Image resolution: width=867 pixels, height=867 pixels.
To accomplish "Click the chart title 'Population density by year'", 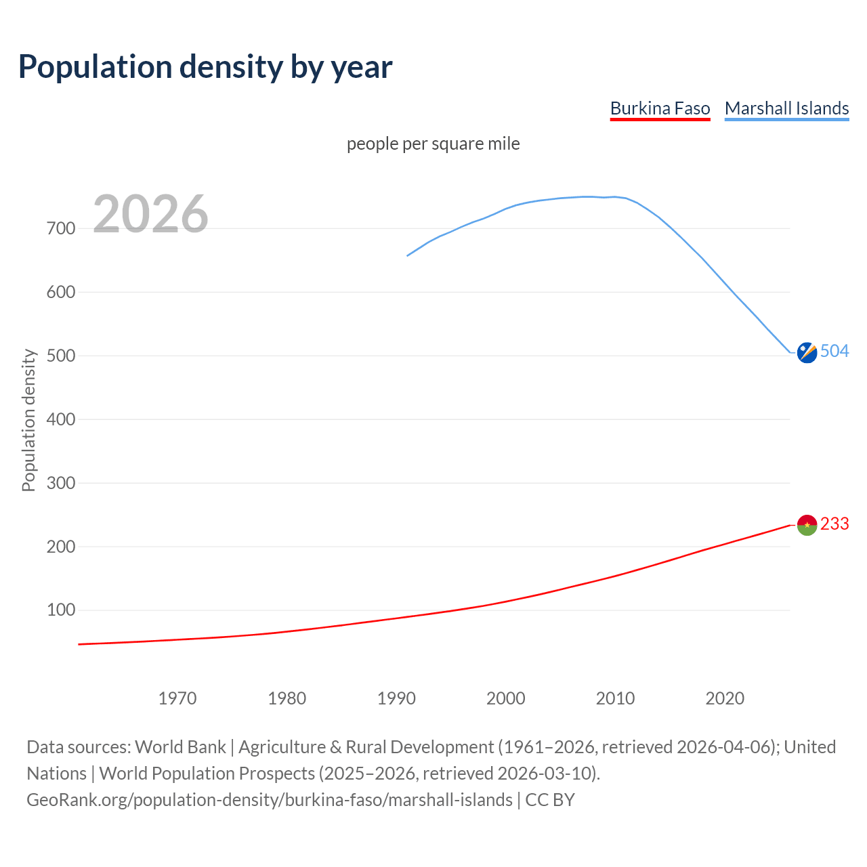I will [205, 67].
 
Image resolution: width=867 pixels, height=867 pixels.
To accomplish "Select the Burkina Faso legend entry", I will [660, 108].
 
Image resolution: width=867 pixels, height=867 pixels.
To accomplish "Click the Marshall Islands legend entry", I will [786, 108].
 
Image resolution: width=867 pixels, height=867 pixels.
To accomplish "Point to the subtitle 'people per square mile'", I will [433, 144].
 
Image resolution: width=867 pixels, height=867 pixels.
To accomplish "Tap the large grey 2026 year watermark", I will [150, 214].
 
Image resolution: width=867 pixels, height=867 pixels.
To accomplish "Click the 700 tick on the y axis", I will [61, 228].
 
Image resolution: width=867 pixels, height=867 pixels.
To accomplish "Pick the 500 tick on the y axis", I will [61, 356].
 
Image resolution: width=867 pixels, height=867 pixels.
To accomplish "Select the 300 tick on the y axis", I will [61, 483].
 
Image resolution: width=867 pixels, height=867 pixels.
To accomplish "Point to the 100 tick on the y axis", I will [61, 610].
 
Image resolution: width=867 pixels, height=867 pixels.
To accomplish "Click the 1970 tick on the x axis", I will [177, 698].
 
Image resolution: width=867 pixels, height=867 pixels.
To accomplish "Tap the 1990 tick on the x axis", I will [396, 698].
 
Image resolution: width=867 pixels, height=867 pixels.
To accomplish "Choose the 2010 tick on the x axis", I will [615, 698].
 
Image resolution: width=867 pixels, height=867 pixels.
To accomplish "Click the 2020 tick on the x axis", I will [725, 698].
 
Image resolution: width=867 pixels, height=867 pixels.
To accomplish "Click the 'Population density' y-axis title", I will [28, 420].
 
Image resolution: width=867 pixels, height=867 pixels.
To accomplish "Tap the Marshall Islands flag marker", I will [807, 353].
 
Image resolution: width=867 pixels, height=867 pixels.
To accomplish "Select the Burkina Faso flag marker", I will [807, 525].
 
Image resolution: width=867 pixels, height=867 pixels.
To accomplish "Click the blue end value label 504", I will [834, 351].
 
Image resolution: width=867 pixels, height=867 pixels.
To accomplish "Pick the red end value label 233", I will [834, 524].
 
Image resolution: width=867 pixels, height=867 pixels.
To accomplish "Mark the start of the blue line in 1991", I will [408, 255].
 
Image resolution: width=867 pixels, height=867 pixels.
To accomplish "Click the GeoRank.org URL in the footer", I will [270, 800].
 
